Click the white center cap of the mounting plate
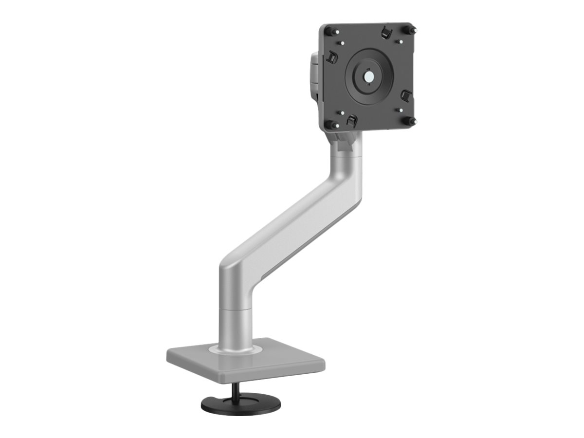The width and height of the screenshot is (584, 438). [x=369, y=76]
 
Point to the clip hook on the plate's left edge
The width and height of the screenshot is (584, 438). [x=332, y=56]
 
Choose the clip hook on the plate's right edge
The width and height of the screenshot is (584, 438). [x=406, y=94]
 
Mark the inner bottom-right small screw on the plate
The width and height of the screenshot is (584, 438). [x=399, y=110]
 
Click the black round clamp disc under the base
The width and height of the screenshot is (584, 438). [x=240, y=403]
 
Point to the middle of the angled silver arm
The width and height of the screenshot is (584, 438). [x=294, y=214]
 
